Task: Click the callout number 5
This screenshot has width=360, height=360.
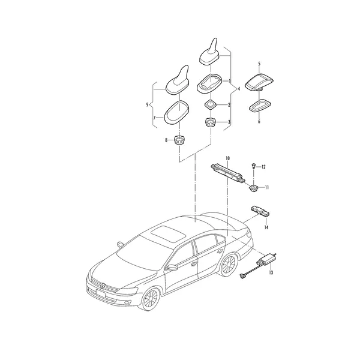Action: click(x=259, y=64)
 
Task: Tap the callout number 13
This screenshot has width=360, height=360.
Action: click(x=271, y=272)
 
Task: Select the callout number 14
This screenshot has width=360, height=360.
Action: click(x=266, y=227)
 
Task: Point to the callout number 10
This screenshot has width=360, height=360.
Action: click(x=227, y=158)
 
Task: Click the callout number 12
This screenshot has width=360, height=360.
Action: click(x=263, y=167)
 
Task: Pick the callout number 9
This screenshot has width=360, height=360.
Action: click(x=147, y=105)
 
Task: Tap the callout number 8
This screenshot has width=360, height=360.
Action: click(x=166, y=140)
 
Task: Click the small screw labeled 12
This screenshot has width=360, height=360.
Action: click(x=253, y=166)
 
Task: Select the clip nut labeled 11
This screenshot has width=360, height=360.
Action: click(x=253, y=188)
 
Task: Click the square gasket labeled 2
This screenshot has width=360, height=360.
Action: click(x=211, y=105)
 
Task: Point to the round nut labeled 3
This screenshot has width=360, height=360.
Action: click(x=211, y=122)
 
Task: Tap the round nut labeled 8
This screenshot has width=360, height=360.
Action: click(x=179, y=140)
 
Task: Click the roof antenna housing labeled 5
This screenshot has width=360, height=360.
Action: click(x=259, y=82)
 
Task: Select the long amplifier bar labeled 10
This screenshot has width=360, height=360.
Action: click(x=227, y=172)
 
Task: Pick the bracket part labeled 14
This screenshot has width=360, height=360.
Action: click(x=260, y=211)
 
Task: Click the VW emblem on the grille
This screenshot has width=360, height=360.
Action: click(x=103, y=286)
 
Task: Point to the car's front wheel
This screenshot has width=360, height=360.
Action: click(x=151, y=299)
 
